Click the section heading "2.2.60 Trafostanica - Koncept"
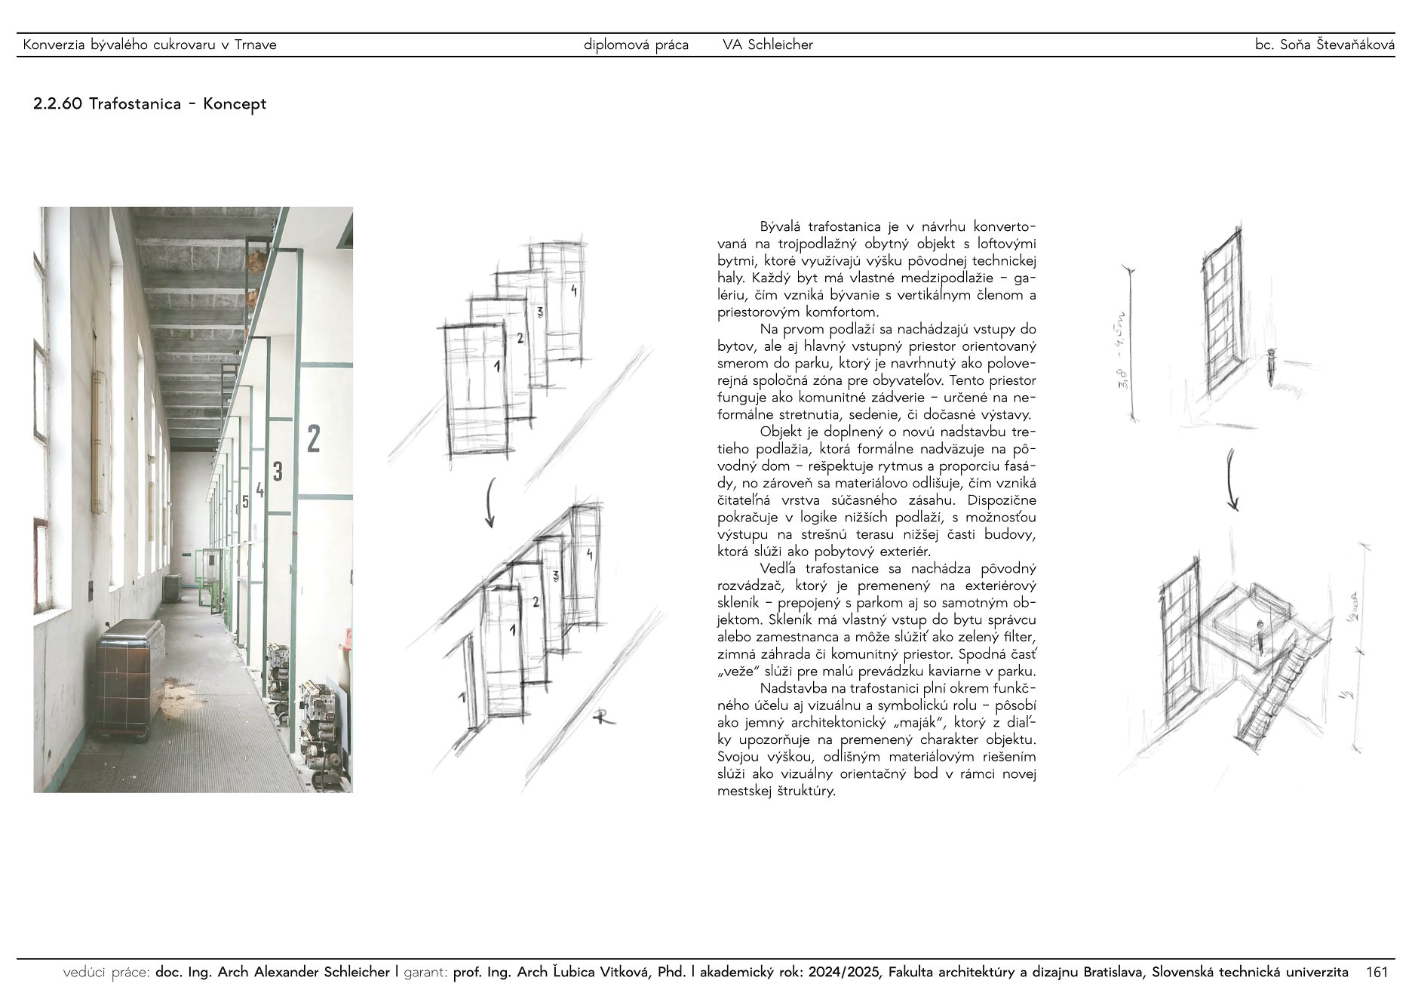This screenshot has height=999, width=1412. pos(149,104)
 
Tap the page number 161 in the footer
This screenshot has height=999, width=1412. pos(1377,973)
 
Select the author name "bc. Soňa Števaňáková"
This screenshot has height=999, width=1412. pos(1325,45)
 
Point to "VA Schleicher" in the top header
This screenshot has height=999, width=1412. pos(768,45)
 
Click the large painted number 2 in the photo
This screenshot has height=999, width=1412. pos(314,438)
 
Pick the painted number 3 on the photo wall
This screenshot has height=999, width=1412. pos(278,472)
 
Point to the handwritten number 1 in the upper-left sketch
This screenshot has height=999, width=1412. pos(496,367)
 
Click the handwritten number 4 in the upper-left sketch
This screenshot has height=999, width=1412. pos(574,290)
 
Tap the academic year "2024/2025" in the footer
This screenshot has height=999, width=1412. pos(844,973)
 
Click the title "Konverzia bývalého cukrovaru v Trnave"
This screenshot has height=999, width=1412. pos(150,45)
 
